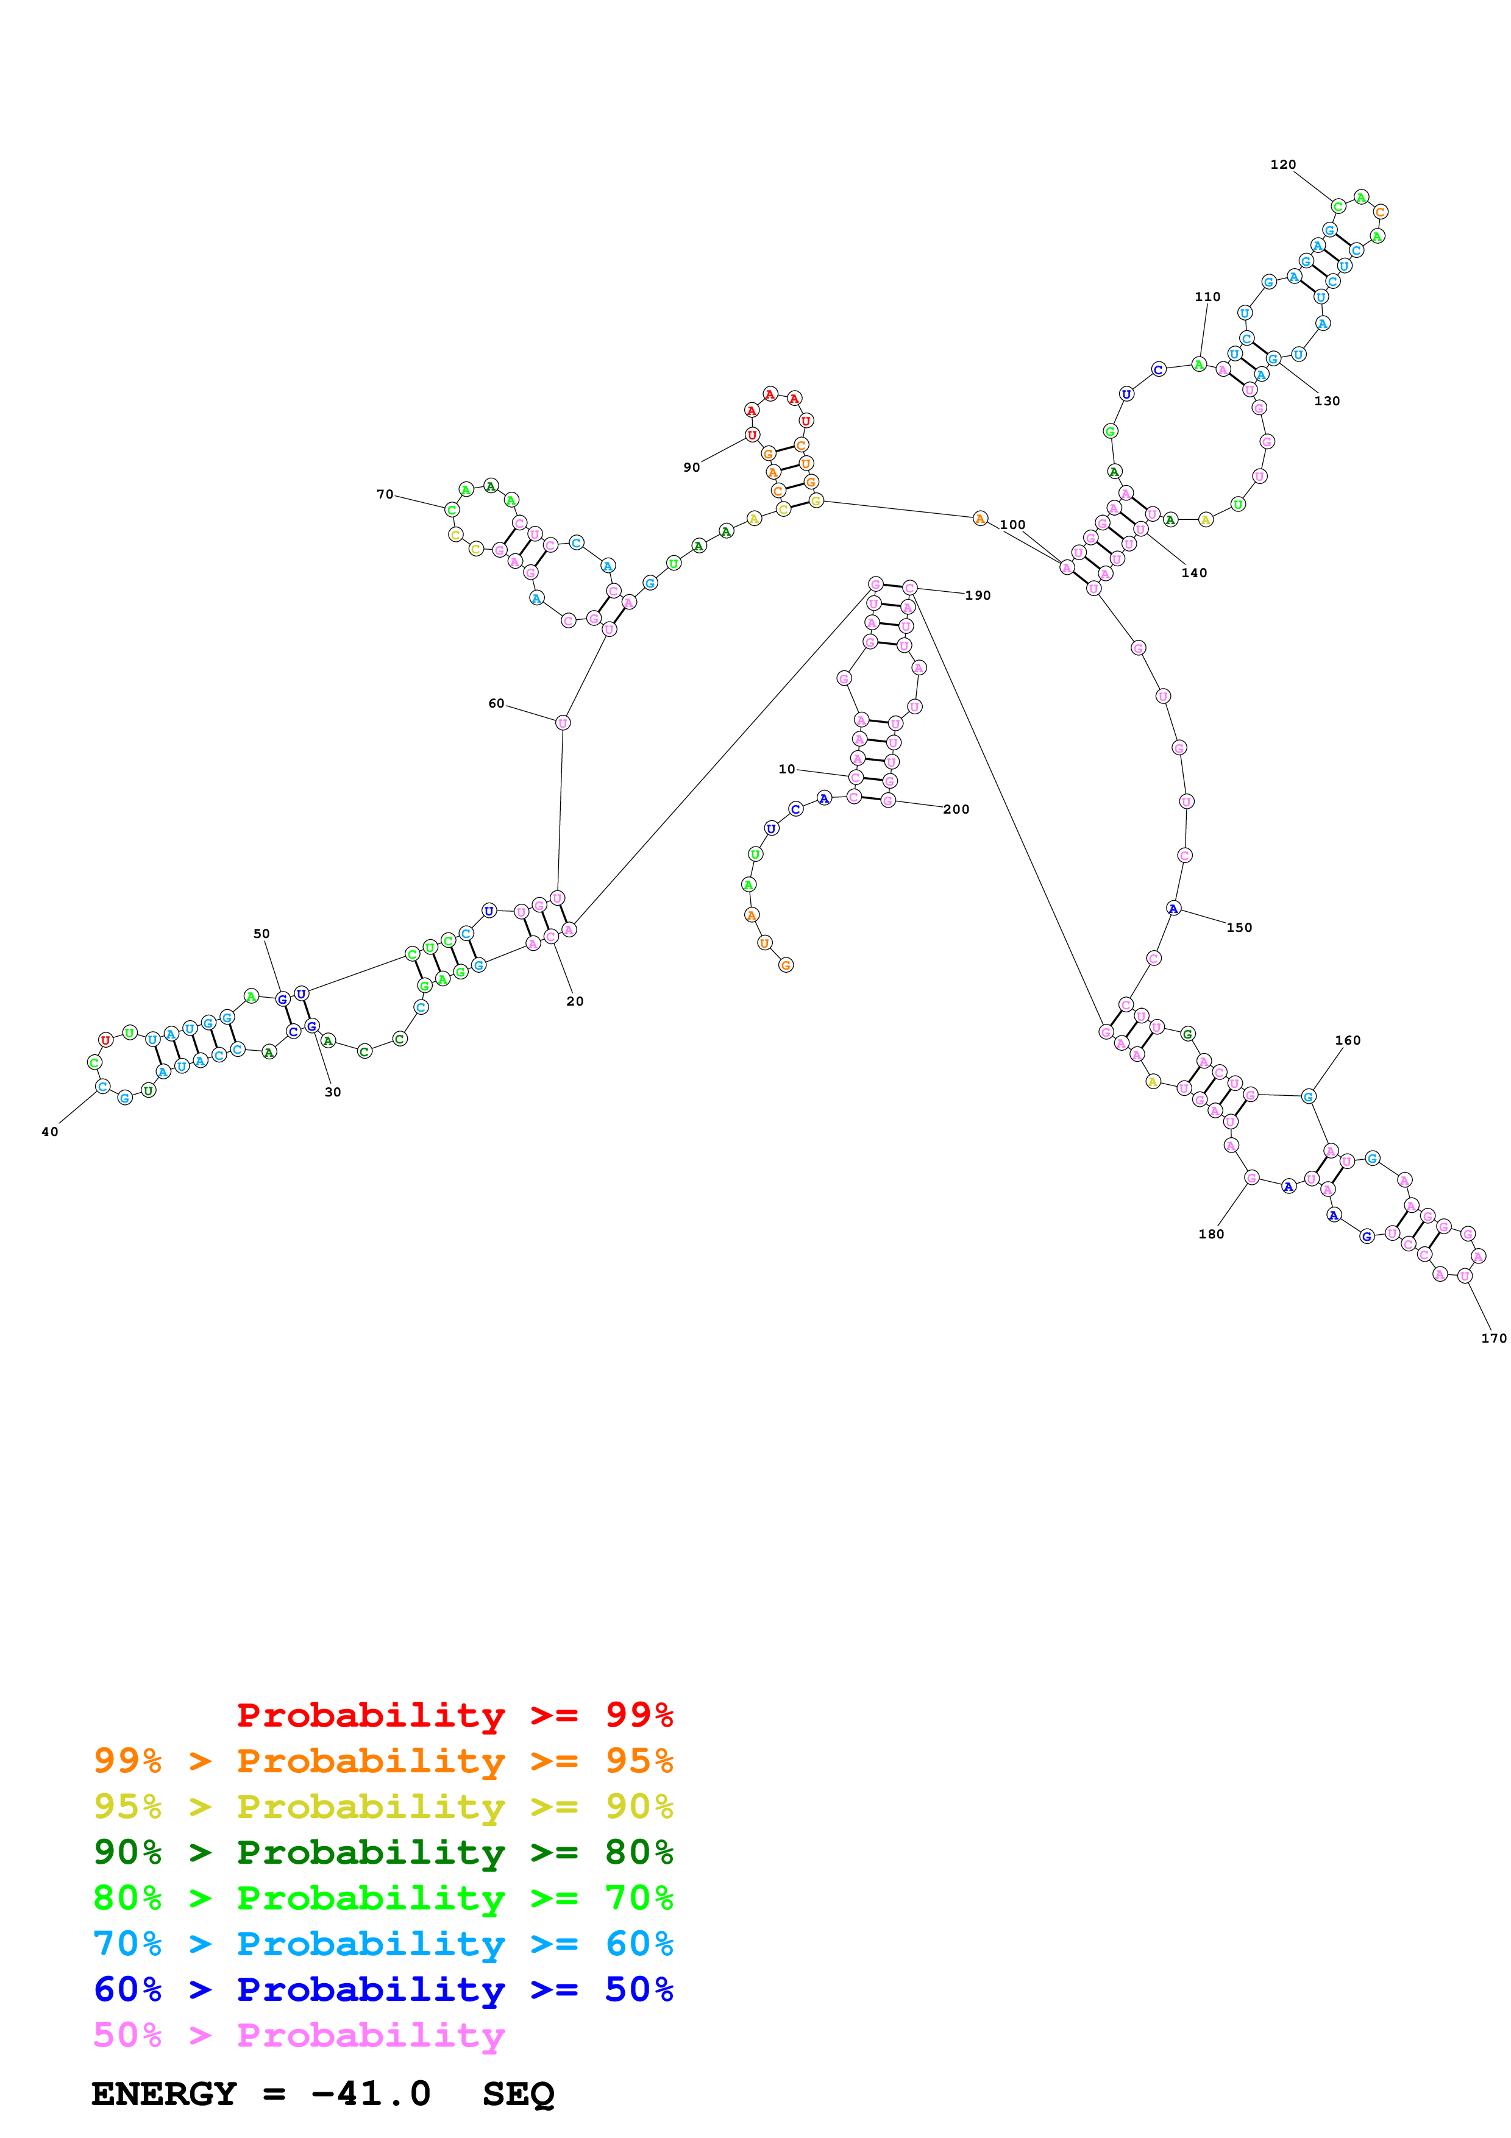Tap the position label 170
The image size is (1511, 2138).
pyautogui.click(x=1493, y=1338)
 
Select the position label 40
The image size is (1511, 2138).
pyautogui.click(x=49, y=1131)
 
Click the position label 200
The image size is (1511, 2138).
pyautogui.click(x=956, y=809)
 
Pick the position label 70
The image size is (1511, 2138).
pyautogui.click(x=385, y=494)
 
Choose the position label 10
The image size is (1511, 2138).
pyautogui.click(x=787, y=769)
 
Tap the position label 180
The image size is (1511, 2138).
pyautogui.click(x=1211, y=1234)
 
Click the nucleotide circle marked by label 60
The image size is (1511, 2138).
pyautogui.click(x=563, y=723)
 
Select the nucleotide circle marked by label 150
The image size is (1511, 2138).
pyautogui.click(x=1173, y=909)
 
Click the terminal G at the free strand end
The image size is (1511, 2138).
pyautogui.click(x=786, y=965)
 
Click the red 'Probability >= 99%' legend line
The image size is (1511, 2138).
pyautogui.click(x=454, y=1715)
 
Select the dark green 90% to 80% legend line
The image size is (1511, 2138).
pyautogui.click(x=383, y=1852)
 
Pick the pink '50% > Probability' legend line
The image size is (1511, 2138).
pyautogui.click(x=299, y=2034)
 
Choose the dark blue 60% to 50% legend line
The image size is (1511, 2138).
pyautogui.click(x=383, y=1989)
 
